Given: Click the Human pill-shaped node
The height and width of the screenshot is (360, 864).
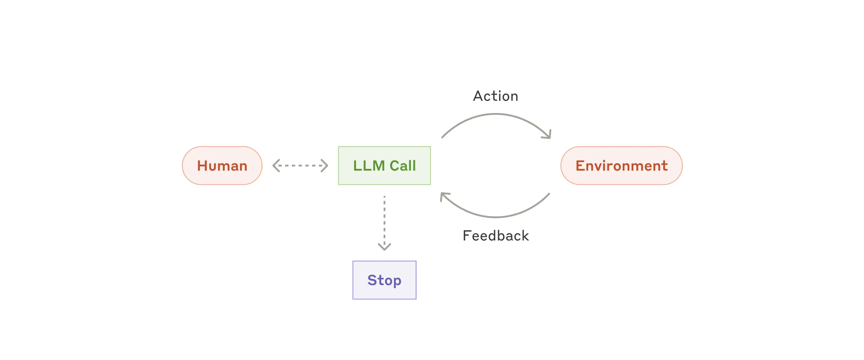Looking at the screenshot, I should pos(222,166).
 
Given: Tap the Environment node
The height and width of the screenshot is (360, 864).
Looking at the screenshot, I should pos(621,166).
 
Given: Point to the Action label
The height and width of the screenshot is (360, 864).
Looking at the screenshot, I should pos(496,96).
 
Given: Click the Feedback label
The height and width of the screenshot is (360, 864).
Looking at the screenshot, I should pos(496,236).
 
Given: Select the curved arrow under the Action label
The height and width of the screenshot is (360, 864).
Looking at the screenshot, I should pos(496,114).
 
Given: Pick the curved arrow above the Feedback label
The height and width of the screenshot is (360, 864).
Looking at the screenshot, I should pos(496,217).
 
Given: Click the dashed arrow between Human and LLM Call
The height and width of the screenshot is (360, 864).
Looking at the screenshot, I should pos(300,166).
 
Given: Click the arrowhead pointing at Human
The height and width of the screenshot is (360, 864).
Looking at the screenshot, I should pos(276,166).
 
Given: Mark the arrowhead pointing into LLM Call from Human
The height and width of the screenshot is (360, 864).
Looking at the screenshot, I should pos(325,166).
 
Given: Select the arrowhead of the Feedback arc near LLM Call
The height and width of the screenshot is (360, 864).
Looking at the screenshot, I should pos(444,196).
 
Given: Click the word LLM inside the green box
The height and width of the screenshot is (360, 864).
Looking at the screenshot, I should pos(369,166).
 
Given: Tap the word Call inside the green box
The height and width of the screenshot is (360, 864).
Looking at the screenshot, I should pos(403,166).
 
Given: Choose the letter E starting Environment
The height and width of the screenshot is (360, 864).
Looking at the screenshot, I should pos(580,166).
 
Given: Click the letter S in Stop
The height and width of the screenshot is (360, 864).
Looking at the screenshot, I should pos(372,280).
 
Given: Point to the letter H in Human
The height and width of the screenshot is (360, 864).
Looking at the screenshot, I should pos(202,166).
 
